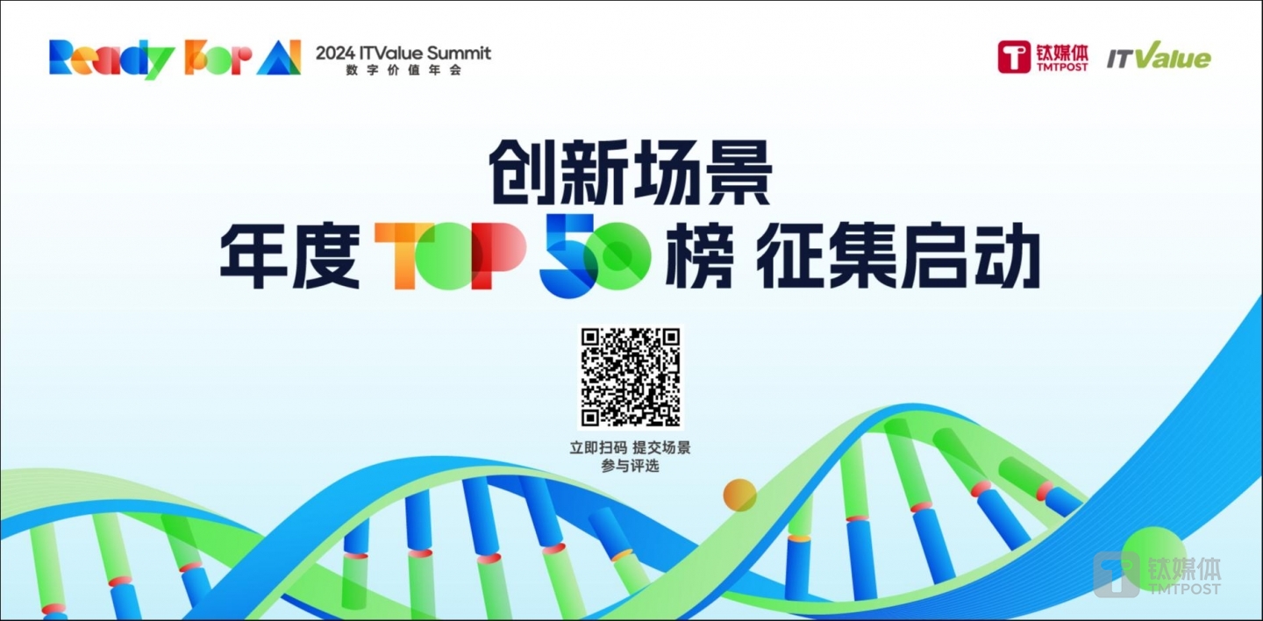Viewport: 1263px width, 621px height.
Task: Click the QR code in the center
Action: click(631, 377)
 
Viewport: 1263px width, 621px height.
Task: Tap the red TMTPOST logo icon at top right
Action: click(1014, 57)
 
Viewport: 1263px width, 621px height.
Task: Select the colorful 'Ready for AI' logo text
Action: click(175, 58)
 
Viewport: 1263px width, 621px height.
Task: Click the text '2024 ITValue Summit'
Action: click(403, 53)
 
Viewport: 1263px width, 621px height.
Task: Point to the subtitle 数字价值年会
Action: click(403, 70)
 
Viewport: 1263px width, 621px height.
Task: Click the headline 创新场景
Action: click(630, 172)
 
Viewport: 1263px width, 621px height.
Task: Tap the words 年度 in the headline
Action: click(289, 255)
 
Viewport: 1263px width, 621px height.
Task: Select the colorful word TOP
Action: click(450, 255)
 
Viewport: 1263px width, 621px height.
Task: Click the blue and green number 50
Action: click(595, 255)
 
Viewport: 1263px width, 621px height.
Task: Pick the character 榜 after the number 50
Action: click(700, 255)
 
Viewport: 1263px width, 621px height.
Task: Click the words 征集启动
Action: click(897, 255)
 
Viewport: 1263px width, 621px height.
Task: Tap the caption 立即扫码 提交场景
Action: click(630, 448)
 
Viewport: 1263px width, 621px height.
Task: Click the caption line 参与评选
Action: click(630, 466)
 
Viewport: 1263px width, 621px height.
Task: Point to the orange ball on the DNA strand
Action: click(739, 496)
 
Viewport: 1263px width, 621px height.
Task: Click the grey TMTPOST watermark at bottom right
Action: click(1157, 574)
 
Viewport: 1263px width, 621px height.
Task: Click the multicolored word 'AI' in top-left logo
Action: click(279, 58)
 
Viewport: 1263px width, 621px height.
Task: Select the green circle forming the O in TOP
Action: click(449, 256)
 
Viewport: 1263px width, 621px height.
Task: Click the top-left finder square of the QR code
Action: click(589, 338)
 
